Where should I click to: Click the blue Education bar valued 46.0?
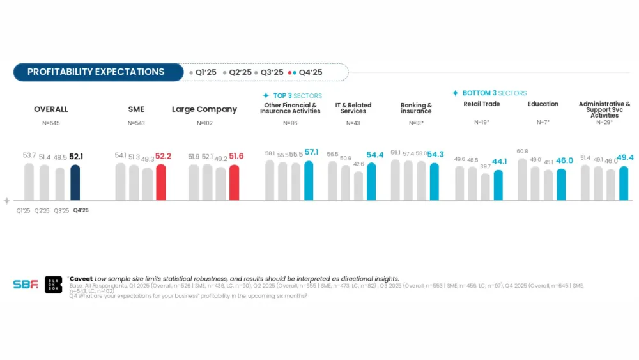(561, 185)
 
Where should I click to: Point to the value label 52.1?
(77, 157)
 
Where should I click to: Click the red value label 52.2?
(164, 156)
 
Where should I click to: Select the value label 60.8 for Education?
(522, 152)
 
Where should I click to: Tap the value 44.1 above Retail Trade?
(500, 162)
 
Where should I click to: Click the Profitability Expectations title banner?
(95, 72)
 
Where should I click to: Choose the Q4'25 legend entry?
(306, 72)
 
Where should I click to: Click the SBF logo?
(26, 285)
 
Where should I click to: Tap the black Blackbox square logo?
(54, 285)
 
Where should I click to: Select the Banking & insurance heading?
(416, 108)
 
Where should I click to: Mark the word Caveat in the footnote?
(81, 279)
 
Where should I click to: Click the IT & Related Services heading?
(353, 108)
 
